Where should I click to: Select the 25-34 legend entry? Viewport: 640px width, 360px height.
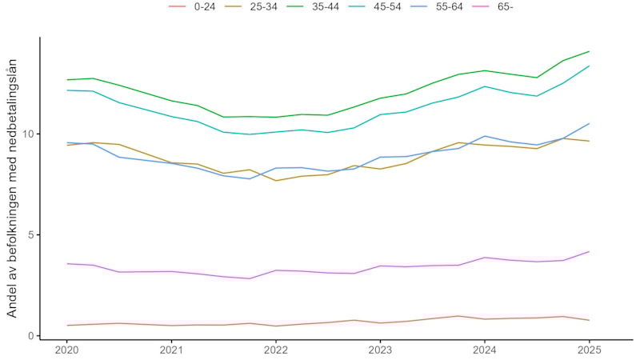tap(257, 7)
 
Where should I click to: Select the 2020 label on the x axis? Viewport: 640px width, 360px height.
tap(67, 350)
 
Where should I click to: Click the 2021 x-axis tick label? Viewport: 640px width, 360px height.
tap(171, 350)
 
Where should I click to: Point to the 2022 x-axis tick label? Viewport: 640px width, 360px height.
tap(276, 350)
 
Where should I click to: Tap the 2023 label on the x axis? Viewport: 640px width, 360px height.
tap(380, 350)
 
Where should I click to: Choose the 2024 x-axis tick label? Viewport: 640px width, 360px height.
tap(485, 350)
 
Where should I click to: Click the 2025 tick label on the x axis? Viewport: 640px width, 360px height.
tap(589, 350)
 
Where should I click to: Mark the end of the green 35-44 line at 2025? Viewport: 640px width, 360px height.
tap(589, 51)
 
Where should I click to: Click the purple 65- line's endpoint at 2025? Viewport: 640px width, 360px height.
tap(589, 251)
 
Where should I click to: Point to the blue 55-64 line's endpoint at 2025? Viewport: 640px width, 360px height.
tap(589, 123)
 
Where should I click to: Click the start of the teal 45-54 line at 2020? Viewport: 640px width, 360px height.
tap(67, 90)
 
